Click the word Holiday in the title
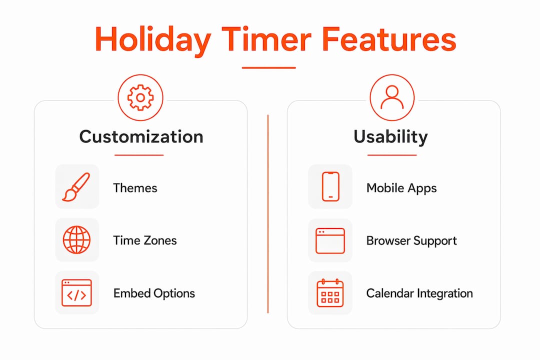[153, 40]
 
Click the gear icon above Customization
[140, 97]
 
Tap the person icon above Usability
[392, 97]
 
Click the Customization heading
[141, 137]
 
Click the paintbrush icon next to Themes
[76, 186]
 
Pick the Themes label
[135, 188]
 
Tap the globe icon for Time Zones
[77, 240]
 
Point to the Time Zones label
[145, 240]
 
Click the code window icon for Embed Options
[77, 293]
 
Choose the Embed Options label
[154, 293]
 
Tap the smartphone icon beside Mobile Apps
[330, 186]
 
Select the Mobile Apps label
[401, 188]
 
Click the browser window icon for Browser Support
[330, 240]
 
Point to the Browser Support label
[411, 241]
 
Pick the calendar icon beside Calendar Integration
[330, 293]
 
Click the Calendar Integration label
[419, 293]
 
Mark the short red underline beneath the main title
[269, 68]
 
